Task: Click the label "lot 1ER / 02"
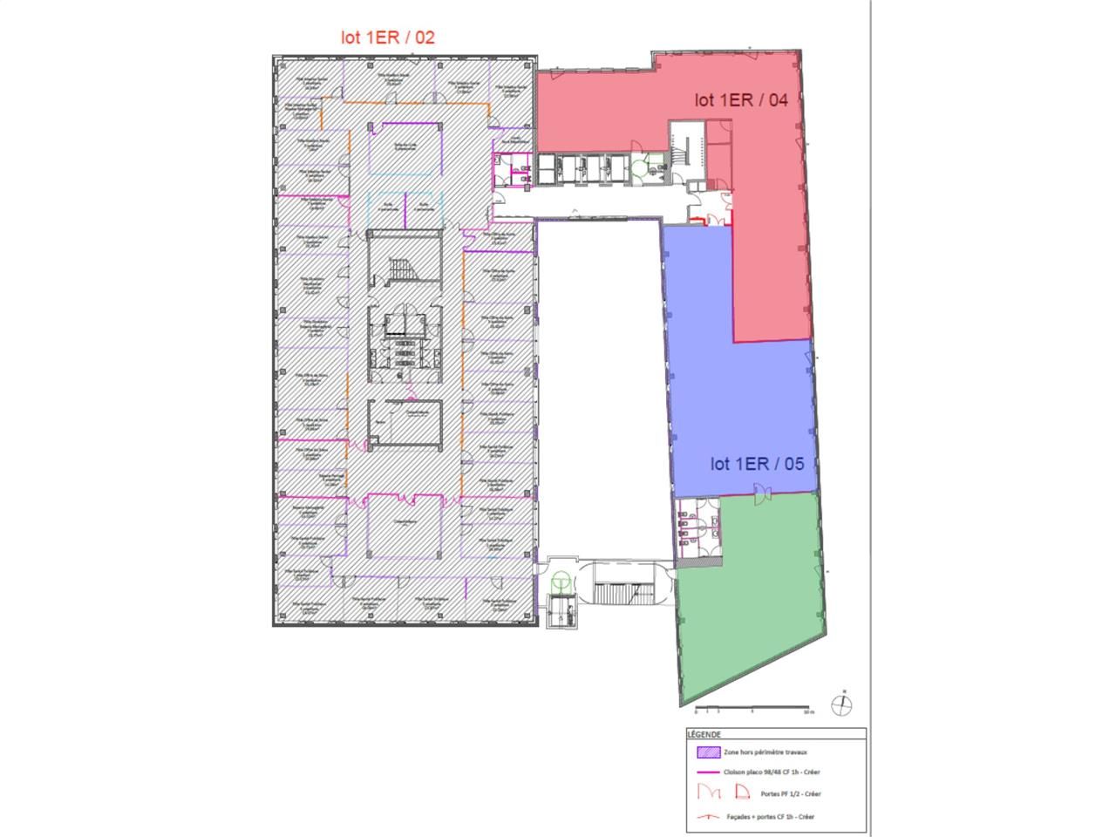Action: (x=387, y=37)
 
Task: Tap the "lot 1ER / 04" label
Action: (x=740, y=100)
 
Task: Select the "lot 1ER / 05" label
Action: (x=757, y=464)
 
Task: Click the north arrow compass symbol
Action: (x=842, y=704)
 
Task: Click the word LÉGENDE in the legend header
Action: (x=704, y=734)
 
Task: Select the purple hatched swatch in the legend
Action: (x=707, y=752)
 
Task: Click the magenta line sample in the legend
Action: (x=707, y=772)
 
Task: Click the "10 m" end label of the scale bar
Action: (x=808, y=712)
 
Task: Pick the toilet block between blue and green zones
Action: (x=697, y=522)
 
